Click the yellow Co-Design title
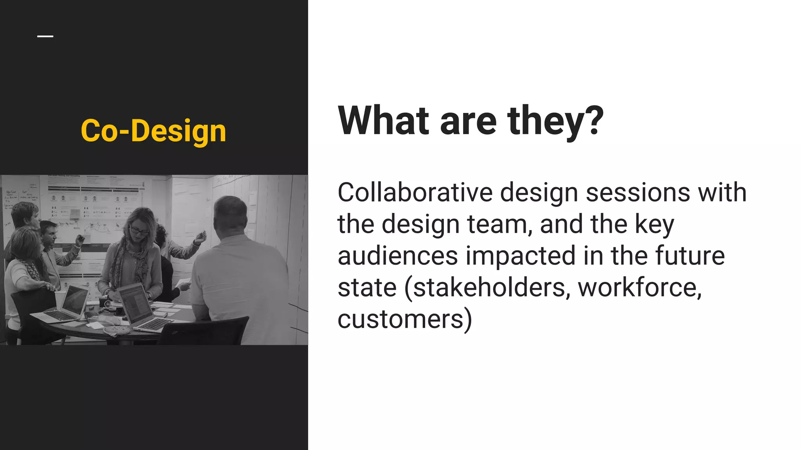[x=153, y=131]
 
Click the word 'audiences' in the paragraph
[x=398, y=256]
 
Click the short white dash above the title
[x=45, y=36]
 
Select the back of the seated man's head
[x=231, y=215]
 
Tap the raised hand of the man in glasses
[x=81, y=239]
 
